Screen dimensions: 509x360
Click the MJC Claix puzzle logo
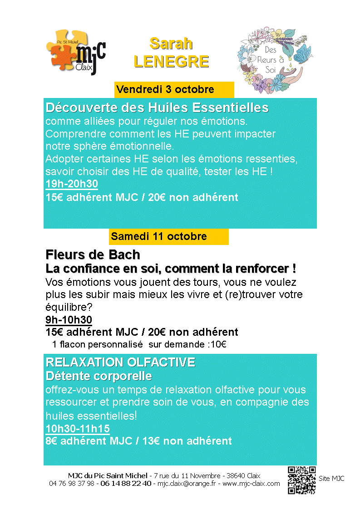coord(76,51)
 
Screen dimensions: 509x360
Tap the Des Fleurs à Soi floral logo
coord(270,57)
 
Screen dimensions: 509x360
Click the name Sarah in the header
coord(171,44)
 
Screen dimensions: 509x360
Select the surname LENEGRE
coord(171,61)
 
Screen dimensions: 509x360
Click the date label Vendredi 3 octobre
coord(165,89)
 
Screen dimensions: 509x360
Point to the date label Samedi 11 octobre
coord(159,236)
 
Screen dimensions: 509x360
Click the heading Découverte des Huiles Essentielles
coord(157,108)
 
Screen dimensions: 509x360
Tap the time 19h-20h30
coord(72,184)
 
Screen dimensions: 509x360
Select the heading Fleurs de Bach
coord(93,254)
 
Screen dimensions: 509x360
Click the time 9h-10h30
coord(69,320)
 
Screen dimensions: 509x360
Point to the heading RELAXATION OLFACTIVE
coord(121,362)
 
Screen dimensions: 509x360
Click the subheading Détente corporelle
coord(99,376)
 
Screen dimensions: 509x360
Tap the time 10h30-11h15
coord(78,428)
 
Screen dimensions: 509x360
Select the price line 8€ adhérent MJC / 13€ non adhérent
coord(138,440)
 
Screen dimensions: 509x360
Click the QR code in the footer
coord(301,480)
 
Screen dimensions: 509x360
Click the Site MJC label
coord(331,479)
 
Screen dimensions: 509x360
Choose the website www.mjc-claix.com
coord(251,484)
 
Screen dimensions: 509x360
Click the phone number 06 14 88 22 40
coord(126,484)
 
